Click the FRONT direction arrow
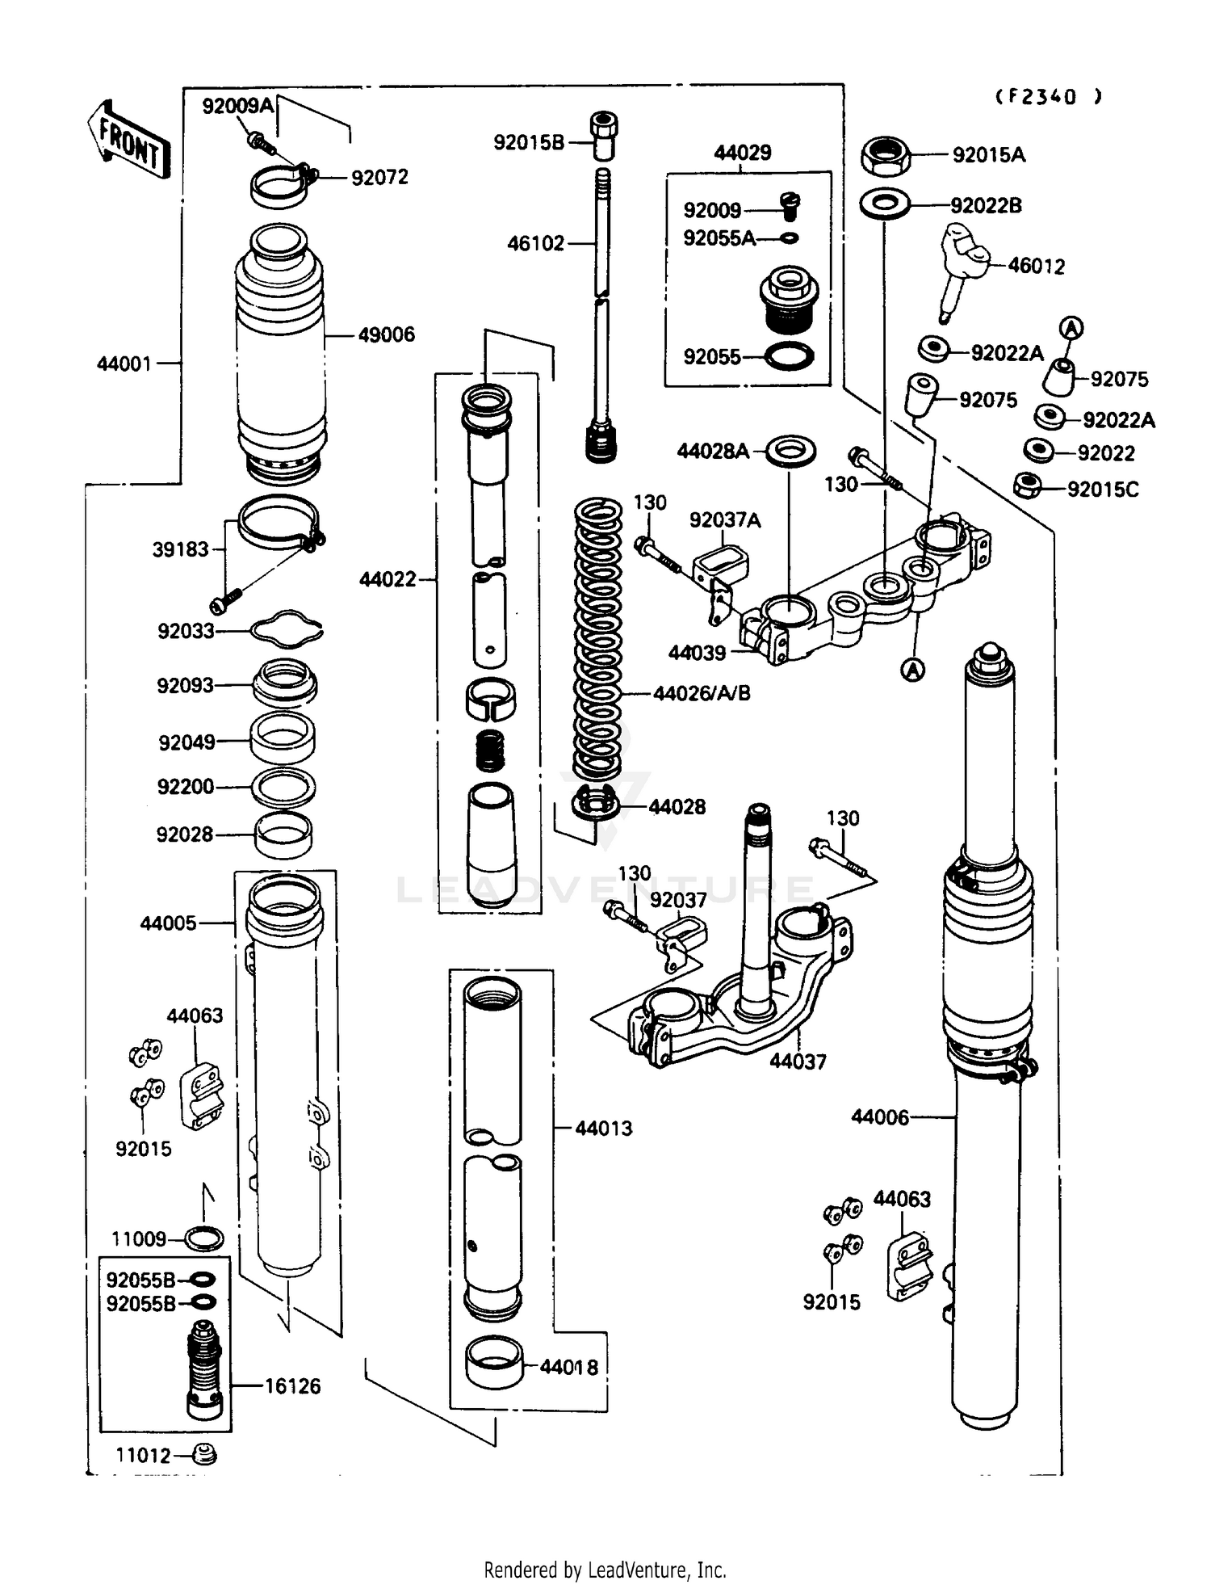(x=129, y=141)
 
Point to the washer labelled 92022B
(x=885, y=205)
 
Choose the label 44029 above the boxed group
(x=742, y=153)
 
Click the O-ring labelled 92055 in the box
(x=788, y=355)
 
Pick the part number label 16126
(x=292, y=1386)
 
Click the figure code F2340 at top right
(x=1047, y=97)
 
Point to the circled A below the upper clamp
(x=912, y=670)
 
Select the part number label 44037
(x=798, y=1062)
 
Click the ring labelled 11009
(x=203, y=1238)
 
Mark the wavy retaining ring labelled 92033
(x=286, y=630)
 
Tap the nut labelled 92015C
(x=1027, y=486)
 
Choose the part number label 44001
(x=124, y=364)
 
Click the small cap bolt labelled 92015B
(x=602, y=137)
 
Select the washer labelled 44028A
(x=790, y=451)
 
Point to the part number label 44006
(x=879, y=1117)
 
